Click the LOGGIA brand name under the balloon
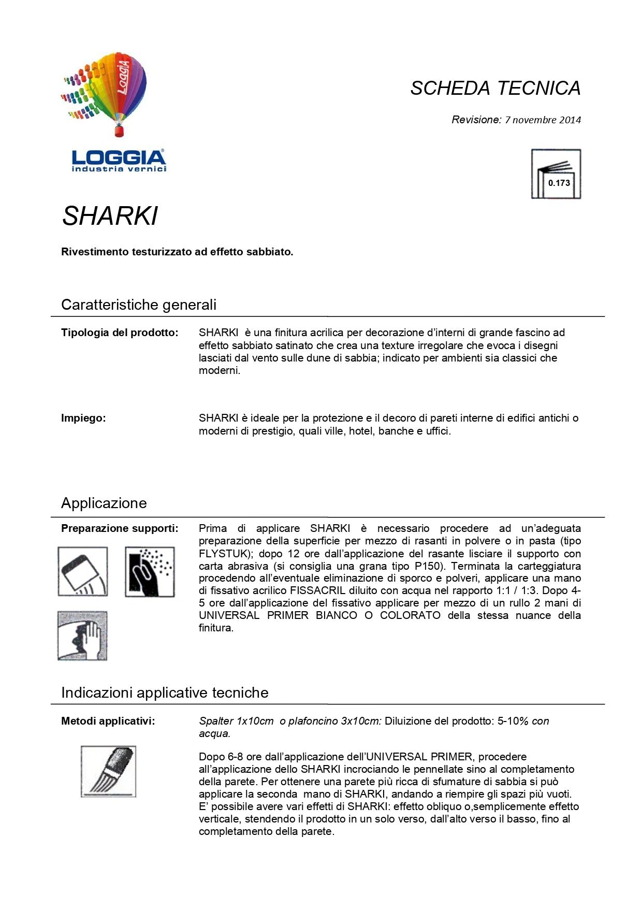[x=119, y=157]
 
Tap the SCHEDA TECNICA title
[x=495, y=89]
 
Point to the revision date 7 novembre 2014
[x=543, y=120]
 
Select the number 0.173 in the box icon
[x=559, y=183]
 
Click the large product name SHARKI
[x=110, y=216]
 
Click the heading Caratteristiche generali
[x=139, y=305]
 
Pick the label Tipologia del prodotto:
[x=120, y=333]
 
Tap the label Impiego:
[x=83, y=418]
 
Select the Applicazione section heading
[x=104, y=503]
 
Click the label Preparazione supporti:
[x=120, y=528]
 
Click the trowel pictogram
[x=83, y=571]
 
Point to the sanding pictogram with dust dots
[x=150, y=571]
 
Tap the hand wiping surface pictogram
[x=82, y=636]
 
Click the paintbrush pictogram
[x=108, y=771]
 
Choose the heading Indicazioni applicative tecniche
[x=165, y=692]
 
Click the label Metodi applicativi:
[x=108, y=721]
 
